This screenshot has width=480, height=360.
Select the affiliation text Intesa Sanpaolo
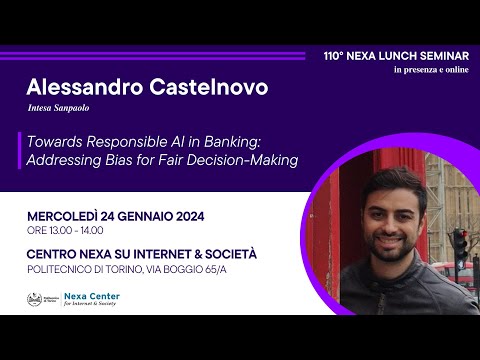click(x=59, y=109)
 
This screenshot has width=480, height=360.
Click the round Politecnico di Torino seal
click(x=35, y=300)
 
